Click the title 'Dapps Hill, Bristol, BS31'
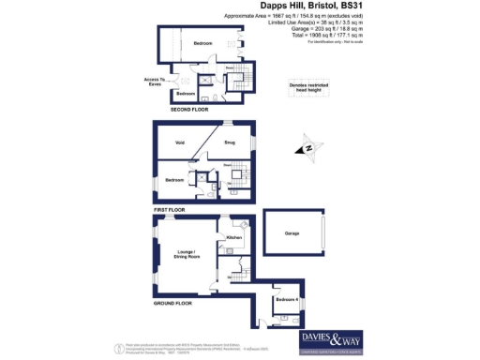coord(309,7)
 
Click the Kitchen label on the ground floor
coord(234,237)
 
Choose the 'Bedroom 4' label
coord(287,300)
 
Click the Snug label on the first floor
coord(228,143)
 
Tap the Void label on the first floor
coord(178,143)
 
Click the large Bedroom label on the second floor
coord(203,44)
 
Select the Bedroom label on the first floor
coord(174,179)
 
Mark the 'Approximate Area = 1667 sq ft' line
coord(309,17)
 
